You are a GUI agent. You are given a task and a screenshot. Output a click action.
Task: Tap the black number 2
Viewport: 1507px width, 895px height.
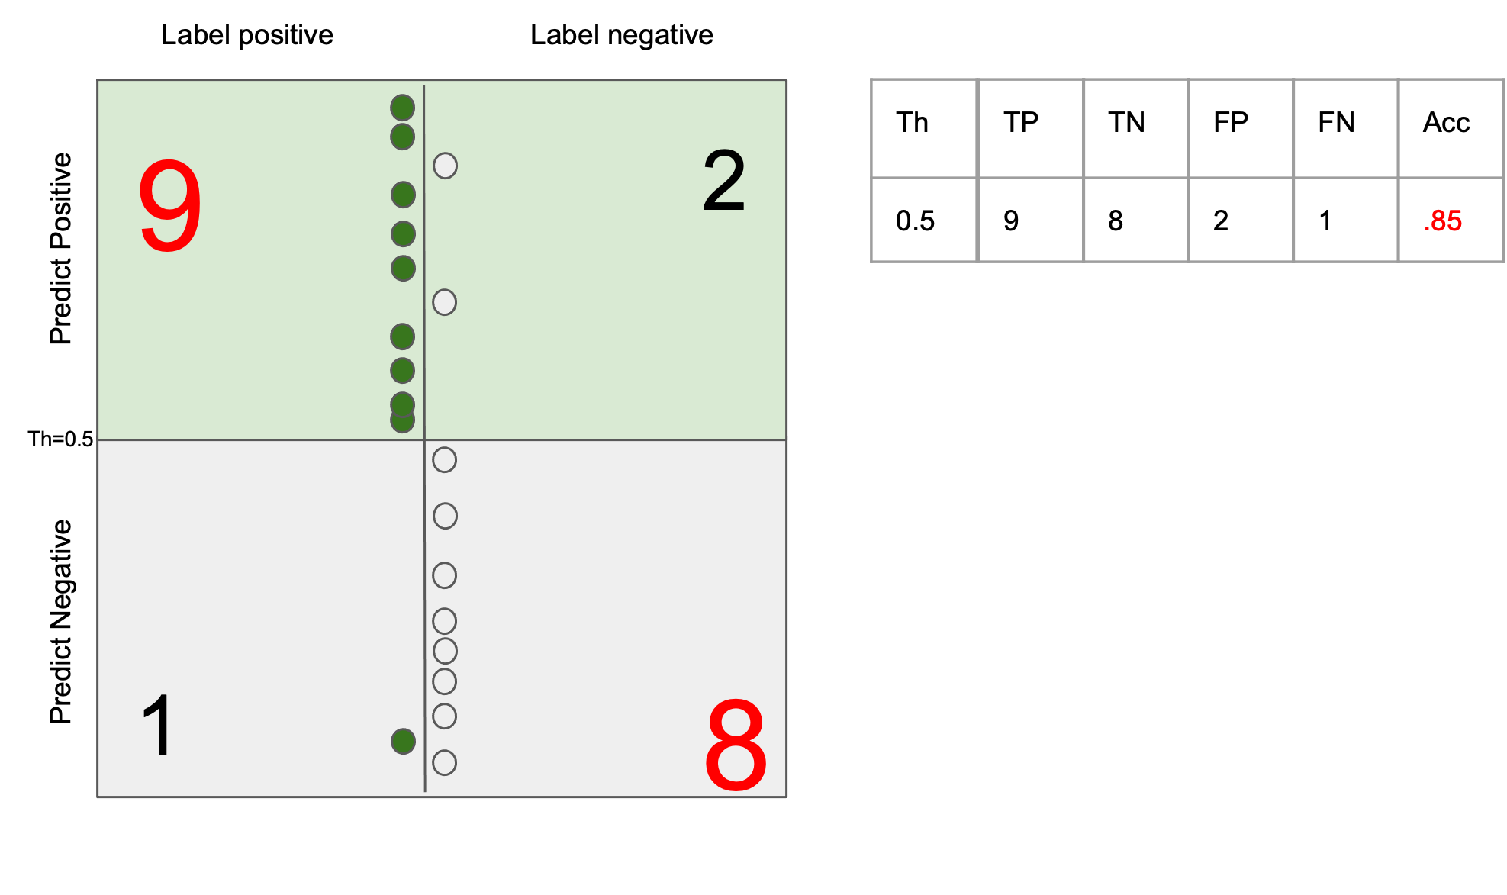pos(723,182)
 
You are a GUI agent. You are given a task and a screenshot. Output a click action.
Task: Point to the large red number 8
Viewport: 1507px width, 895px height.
pos(736,745)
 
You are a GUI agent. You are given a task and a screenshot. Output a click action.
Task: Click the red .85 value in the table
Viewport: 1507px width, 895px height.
pos(1443,221)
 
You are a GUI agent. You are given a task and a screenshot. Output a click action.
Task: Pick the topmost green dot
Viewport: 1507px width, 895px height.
pos(402,108)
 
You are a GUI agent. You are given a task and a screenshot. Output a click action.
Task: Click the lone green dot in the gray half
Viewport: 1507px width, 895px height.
pos(403,741)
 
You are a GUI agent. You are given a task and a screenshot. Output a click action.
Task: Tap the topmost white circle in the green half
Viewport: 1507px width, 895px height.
pos(445,166)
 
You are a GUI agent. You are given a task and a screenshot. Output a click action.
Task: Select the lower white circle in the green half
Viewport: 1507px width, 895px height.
pos(444,302)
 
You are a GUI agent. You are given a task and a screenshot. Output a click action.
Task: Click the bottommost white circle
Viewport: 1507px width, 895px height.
pos(444,762)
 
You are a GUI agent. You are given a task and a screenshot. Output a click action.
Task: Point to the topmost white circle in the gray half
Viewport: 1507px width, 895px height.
pos(444,459)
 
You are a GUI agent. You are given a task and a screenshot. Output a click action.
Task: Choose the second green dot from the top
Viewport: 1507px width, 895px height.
pos(402,137)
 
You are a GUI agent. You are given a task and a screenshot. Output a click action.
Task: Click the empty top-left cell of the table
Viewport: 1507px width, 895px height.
pos(923,128)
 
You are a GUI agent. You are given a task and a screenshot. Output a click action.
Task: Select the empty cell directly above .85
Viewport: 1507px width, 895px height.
pos(1451,128)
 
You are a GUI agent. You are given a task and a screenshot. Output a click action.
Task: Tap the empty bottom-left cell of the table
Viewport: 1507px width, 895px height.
pos(923,220)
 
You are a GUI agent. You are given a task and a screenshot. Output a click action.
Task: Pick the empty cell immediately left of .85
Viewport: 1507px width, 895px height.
pos(1346,220)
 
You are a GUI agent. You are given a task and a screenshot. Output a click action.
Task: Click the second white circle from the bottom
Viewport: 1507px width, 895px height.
pos(444,716)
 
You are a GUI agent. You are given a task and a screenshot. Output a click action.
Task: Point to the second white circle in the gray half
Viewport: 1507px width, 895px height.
pos(445,516)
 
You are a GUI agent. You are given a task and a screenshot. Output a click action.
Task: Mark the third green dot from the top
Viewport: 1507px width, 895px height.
pos(403,195)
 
